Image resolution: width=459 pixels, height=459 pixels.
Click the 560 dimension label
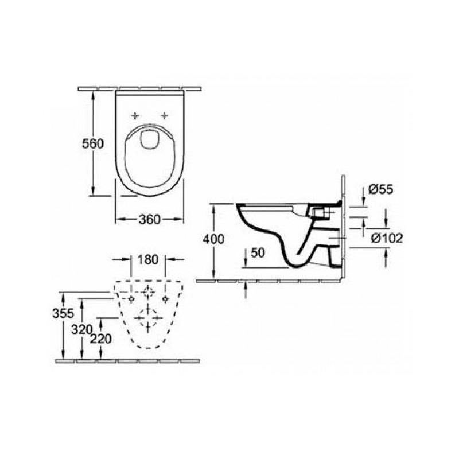(93, 144)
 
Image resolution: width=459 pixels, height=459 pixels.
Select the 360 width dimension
(150, 220)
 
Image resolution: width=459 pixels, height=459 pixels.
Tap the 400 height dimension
(213, 239)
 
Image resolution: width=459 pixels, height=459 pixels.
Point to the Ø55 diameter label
(380, 190)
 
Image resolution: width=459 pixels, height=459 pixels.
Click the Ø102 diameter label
(387, 238)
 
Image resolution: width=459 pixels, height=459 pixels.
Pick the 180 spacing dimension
(148, 260)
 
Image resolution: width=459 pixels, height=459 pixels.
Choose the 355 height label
(63, 313)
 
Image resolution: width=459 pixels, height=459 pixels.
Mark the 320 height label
(82, 330)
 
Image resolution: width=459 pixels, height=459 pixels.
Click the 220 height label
(101, 339)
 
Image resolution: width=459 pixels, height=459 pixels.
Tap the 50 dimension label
(258, 253)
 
